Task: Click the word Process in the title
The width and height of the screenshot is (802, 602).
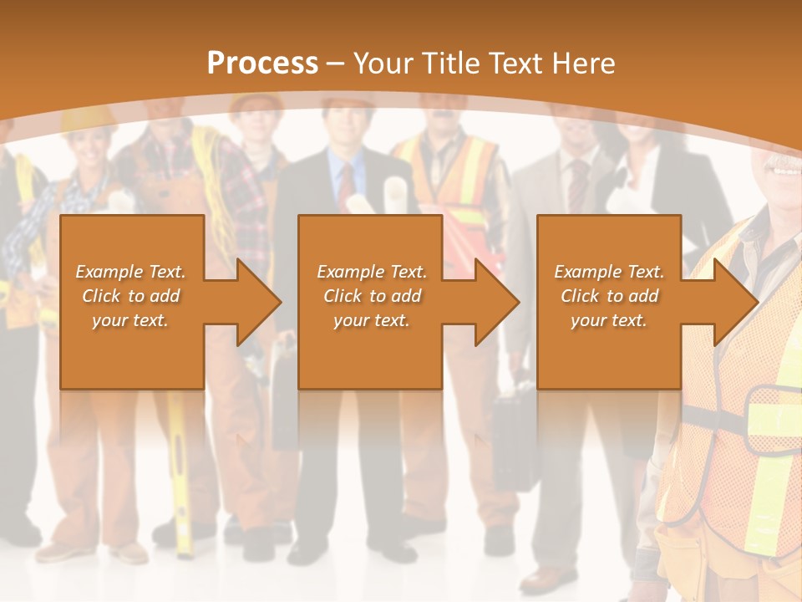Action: pyautogui.click(x=262, y=64)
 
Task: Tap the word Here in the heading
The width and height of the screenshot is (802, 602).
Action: pyautogui.click(x=581, y=64)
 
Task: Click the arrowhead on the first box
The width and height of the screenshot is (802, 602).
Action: pyautogui.click(x=256, y=302)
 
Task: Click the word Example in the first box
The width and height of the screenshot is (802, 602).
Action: pyautogui.click(x=109, y=272)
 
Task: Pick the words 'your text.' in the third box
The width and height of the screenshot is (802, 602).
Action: pyautogui.click(x=608, y=320)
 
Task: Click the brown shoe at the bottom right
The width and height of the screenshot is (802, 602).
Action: pyautogui.click(x=543, y=578)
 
